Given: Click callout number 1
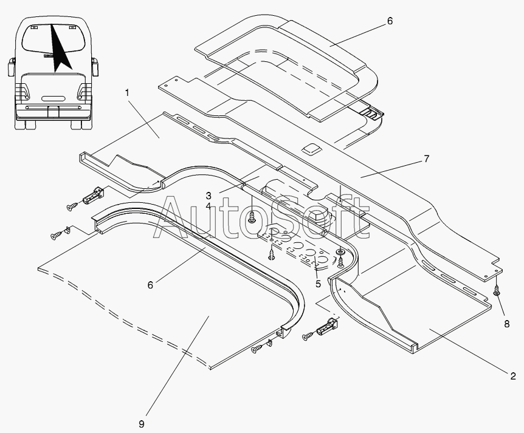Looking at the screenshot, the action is point(127,92).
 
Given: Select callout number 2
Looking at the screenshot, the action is point(513,377).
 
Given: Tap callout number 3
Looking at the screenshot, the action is point(209,196).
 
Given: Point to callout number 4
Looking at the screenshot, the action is point(209,206).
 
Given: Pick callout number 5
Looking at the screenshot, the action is point(318,284).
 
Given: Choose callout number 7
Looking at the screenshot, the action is point(426,159).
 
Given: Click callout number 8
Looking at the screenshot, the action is point(507,324).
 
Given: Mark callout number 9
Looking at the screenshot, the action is point(142,424).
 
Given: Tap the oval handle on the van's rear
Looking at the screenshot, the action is point(53,99).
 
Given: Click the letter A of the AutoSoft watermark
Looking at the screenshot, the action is point(174,217).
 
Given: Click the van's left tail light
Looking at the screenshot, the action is point(24,91).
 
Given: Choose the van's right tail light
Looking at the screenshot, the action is point(83,91).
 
